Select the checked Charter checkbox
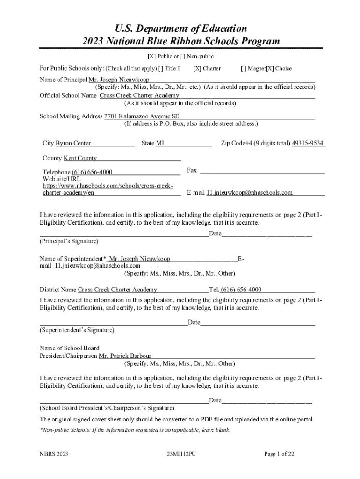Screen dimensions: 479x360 [x=197, y=68]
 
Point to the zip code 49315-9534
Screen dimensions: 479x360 [x=308, y=143]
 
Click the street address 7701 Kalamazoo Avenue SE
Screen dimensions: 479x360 [x=141, y=116]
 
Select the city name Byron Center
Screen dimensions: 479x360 [x=73, y=143]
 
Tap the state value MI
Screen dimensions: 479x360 [x=160, y=143]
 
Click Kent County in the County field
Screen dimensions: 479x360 [x=80, y=158]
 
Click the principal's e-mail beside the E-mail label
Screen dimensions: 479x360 [x=250, y=192]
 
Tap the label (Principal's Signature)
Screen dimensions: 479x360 [x=69, y=241]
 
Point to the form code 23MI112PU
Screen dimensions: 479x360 [x=181, y=454]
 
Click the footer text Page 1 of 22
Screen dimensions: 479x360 [x=279, y=454]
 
